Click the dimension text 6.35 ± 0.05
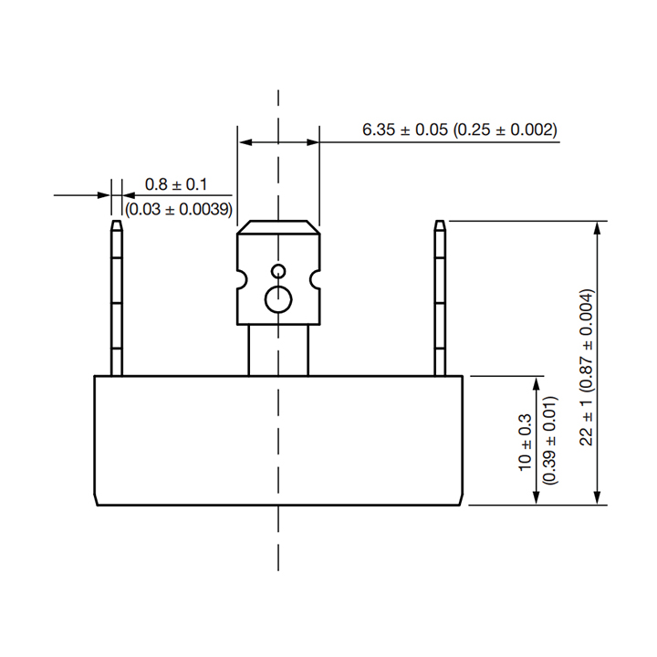[x=405, y=130]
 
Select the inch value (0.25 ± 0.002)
[x=506, y=130]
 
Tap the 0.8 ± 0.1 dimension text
[x=176, y=184]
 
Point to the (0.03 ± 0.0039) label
[x=179, y=209]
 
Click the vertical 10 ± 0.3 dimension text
[x=525, y=443]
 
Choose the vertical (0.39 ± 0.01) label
[x=549, y=441]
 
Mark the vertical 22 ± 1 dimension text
[x=586, y=422]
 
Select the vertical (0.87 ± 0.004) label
[x=586, y=340]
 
